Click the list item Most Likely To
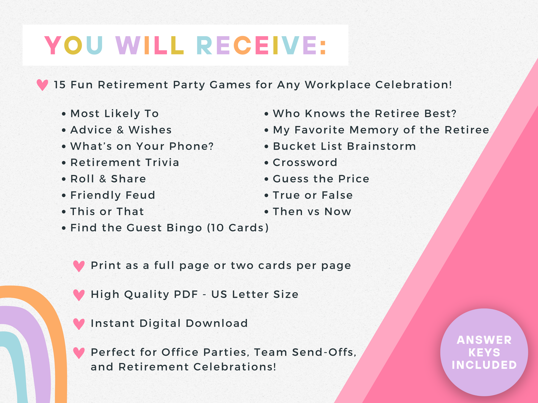tap(114, 114)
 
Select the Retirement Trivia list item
tap(125, 162)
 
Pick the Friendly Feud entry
tap(113, 195)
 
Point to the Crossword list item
tap(305, 162)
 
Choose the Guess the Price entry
tap(321, 179)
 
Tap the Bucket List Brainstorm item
tap(344, 146)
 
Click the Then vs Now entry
tap(312, 212)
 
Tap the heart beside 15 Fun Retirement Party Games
tap(42, 85)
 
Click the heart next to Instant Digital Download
tap(79, 324)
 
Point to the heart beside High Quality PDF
tap(79, 295)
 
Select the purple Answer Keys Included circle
tap(484, 352)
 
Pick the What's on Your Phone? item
tap(142, 146)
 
